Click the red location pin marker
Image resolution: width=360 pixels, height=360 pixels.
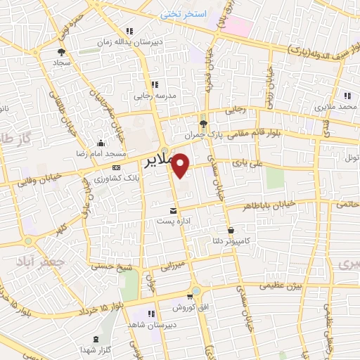(x=181, y=165)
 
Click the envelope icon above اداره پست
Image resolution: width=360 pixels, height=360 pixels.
(x=174, y=210)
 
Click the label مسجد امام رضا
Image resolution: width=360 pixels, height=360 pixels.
(x=103, y=153)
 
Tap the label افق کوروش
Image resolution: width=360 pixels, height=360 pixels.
(x=191, y=307)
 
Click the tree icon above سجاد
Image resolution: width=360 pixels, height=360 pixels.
(x=61, y=52)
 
